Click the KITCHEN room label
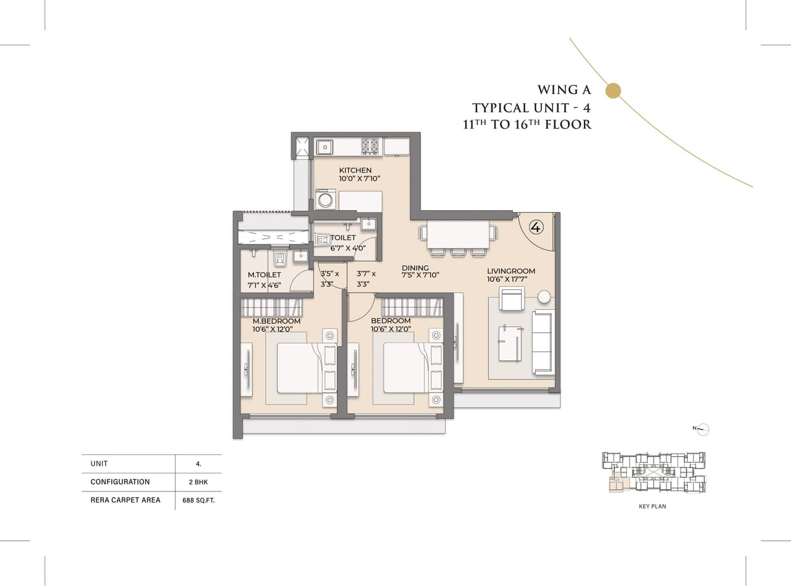click(355, 170)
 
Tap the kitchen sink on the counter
click(325, 146)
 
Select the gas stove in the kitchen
click(370, 146)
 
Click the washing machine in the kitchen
click(325, 200)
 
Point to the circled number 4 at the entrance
click(536, 227)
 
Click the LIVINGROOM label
click(510, 271)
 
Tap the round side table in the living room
click(544, 297)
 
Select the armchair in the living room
click(512, 299)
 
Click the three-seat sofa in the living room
click(543, 342)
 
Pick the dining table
click(458, 234)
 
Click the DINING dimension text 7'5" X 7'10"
click(420, 275)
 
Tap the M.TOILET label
click(264, 274)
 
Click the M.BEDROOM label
click(276, 321)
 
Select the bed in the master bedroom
click(299, 368)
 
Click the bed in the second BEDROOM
click(405, 368)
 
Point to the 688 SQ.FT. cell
click(198, 500)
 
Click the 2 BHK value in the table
click(198, 482)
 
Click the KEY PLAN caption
click(652, 506)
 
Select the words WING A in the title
click(564, 90)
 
